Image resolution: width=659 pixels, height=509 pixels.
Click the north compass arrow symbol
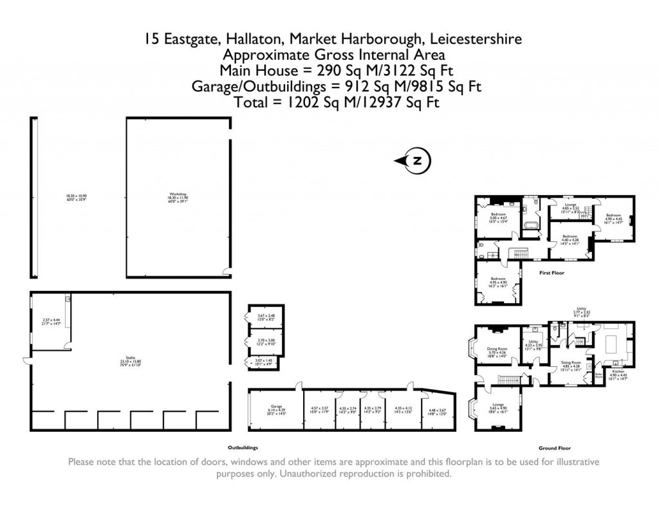click(x=413, y=161)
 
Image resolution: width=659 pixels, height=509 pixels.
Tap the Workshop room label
click(x=178, y=195)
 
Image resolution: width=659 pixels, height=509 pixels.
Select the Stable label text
click(x=131, y=360)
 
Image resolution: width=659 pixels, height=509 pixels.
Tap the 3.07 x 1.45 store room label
click(x=265, y=362)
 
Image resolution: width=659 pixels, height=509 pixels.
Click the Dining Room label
click(x=496, y=351)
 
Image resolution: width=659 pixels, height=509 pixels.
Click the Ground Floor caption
click(x=555, y=448)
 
